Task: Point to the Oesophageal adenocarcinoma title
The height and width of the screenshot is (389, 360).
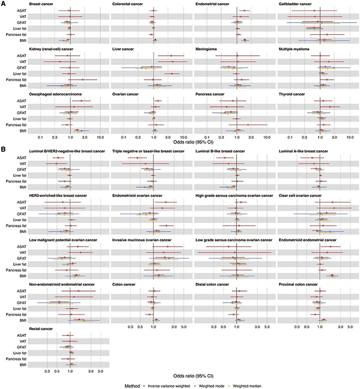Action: [56, 94]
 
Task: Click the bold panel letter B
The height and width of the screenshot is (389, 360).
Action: [3, 149]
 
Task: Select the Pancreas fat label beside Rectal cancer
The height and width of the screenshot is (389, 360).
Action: [17, 358]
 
